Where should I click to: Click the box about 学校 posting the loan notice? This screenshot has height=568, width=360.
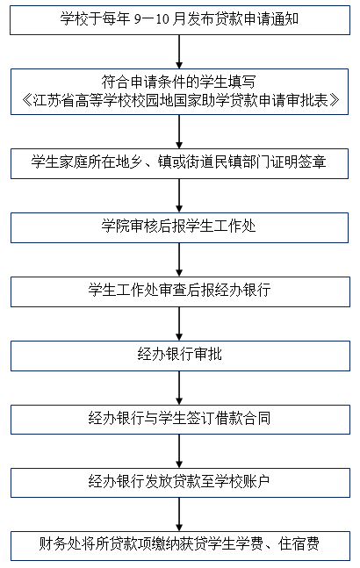[x=180, y=20]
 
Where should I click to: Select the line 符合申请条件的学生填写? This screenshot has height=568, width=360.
[x=179, y=82]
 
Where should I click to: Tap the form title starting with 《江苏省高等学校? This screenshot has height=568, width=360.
[x=180, y=100]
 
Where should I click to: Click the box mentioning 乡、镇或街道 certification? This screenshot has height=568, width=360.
[x=180, y=163]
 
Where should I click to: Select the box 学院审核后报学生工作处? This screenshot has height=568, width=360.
[x=180, y=227]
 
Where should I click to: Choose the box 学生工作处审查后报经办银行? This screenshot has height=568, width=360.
[x=180, y=291]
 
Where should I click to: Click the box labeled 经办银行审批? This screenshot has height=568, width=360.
[x=180, y=356]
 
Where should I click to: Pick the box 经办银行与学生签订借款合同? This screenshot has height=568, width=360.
[x=180, y=420]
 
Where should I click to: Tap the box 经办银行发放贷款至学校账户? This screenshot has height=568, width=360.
[x=180, y=483]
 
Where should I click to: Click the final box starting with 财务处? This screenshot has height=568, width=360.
[x=180, y=546]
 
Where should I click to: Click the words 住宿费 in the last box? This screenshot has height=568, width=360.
[x=299, y=544]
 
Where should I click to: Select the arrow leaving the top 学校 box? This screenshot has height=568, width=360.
[x=179, y=52]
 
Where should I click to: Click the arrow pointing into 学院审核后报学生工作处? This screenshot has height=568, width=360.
[x=179, y=196]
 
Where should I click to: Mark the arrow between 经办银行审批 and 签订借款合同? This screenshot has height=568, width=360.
[x=179, y=388]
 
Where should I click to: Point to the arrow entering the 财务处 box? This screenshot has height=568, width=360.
[x=179, y=514]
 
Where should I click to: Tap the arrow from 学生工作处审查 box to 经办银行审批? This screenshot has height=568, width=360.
[x=179, y=324]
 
